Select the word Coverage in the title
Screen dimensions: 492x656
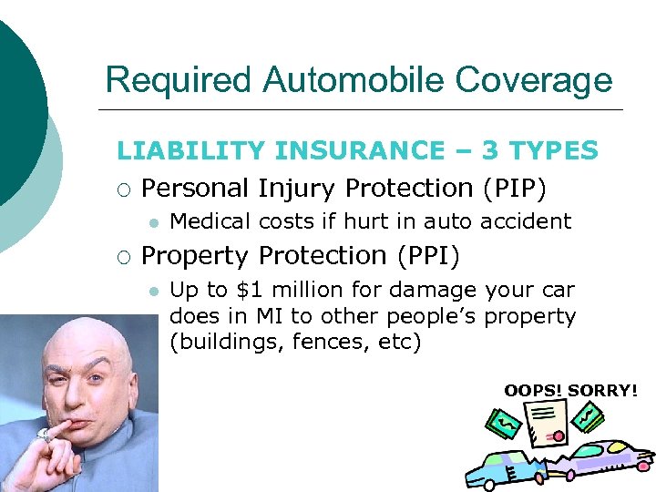(x=534, y=80)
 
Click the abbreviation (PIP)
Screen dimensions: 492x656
(x=514, y=189)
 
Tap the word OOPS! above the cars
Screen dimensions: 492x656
(x=534, y=391)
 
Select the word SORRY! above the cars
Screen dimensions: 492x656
(x=602, y=391)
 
